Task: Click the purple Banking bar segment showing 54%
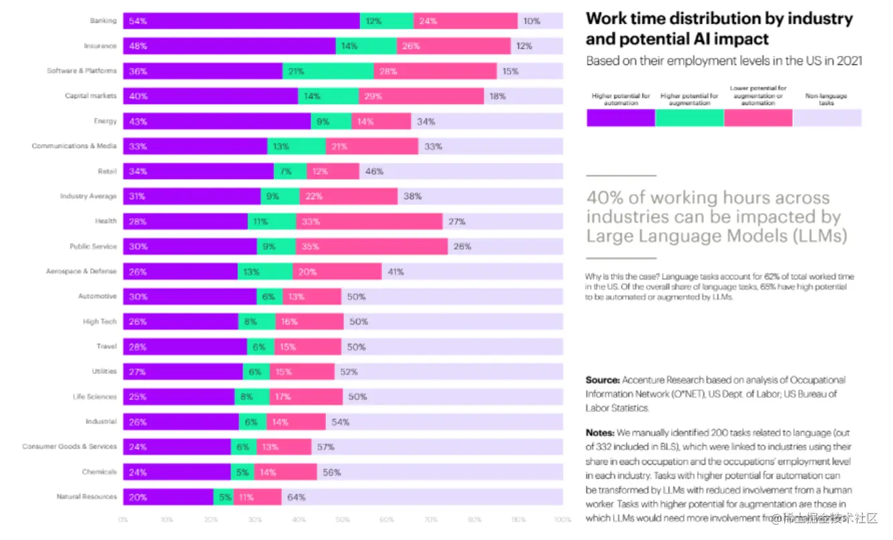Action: (x=241, y=21)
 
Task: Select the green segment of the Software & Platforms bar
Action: (x=327, y=71)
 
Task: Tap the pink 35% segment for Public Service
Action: (x=371, y=246)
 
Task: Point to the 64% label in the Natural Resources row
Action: (x=296, y=497)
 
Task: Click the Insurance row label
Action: (x=100, y=46)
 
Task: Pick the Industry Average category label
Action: (x=88, y=196)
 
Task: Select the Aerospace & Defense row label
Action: (x=81, y=272)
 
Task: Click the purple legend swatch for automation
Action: (x=620, y=117)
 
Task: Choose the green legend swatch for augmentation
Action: (x=689, y=117)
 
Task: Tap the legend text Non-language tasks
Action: (x=826, y=99)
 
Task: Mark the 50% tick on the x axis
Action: (x=343, y=519)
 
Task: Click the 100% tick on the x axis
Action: (x=562, y=519)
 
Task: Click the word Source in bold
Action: (x=602, y=380)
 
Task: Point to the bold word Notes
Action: (x=600, y=433)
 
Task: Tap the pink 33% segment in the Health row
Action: (x=369, y=222)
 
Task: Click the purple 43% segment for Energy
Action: (x=217, y=121)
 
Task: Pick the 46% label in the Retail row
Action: (x=374, y=172)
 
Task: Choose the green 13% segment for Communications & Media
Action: (x=297, y=146)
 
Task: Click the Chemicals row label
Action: (x=100, y=472)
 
